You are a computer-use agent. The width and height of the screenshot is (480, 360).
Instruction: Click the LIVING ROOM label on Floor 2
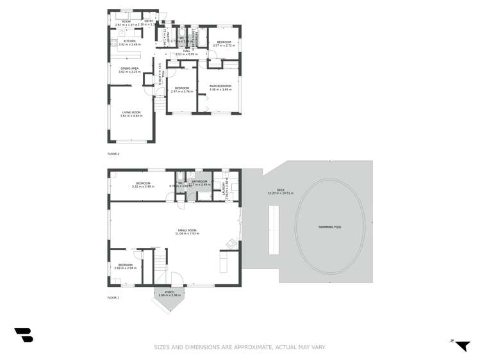pos(131,113)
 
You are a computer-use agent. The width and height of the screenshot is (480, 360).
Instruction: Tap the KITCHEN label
pos(129,41)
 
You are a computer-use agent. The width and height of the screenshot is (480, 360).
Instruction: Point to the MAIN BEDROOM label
pos(220,86)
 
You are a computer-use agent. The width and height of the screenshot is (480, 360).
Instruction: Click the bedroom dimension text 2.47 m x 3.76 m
pos(182,92)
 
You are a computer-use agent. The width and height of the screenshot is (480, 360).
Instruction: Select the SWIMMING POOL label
pos(330,227)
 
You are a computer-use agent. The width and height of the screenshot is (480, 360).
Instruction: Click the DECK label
pos(280,190)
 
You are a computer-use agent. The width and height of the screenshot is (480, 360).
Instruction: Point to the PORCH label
pos(170,292)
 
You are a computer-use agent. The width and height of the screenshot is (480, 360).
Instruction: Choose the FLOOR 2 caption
pos(113,154)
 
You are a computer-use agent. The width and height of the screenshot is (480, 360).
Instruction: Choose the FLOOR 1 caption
pos(113,297)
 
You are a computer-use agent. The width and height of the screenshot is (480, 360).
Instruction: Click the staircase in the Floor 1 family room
pos(160,266)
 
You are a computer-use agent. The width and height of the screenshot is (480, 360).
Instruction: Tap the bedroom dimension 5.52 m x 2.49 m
pos(143,186)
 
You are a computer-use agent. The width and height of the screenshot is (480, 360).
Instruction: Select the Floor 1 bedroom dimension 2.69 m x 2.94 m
pos(125,268)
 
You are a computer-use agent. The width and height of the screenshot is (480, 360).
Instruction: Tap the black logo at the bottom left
pos(24,335)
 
